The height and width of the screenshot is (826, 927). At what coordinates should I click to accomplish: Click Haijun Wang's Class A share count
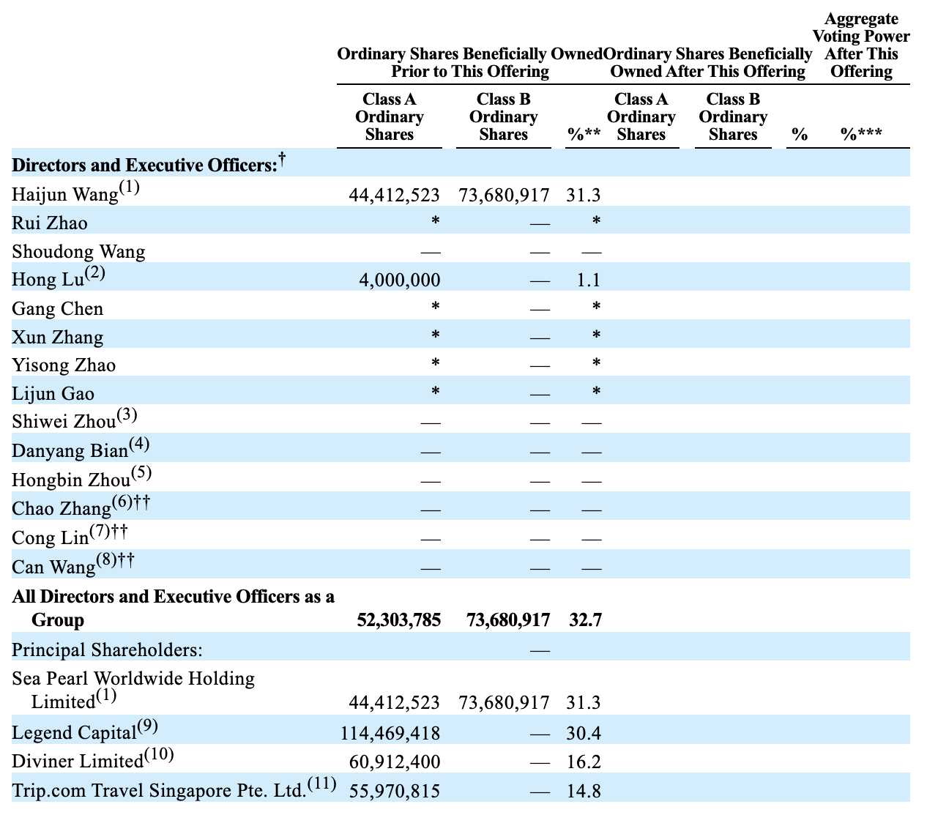coord(394,195)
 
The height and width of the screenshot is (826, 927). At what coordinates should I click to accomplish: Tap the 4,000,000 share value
coord(400,280)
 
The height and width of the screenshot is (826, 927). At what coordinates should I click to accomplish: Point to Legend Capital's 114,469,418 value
coord(390,733)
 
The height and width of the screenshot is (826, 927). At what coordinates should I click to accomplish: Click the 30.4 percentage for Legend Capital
coord(584,733)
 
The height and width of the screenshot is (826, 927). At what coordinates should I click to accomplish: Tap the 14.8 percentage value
coord(584,791)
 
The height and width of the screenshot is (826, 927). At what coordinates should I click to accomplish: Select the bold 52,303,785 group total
coord(398,620)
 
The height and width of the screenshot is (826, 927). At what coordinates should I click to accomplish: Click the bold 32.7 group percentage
coord(585,620)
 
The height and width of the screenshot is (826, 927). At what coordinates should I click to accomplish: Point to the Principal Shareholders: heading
coord(107,650)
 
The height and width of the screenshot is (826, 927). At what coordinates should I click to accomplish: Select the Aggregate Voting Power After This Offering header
coord(861,45)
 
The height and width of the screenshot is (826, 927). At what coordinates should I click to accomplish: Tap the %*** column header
coord(861,133)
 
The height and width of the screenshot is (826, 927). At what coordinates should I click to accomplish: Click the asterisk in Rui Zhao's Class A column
coord(435,220)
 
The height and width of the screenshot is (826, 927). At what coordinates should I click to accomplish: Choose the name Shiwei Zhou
coord(64,422)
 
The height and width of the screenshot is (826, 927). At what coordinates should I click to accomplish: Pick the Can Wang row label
coord(53,567)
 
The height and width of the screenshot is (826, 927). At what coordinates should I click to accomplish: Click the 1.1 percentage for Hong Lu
coord(589,280)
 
